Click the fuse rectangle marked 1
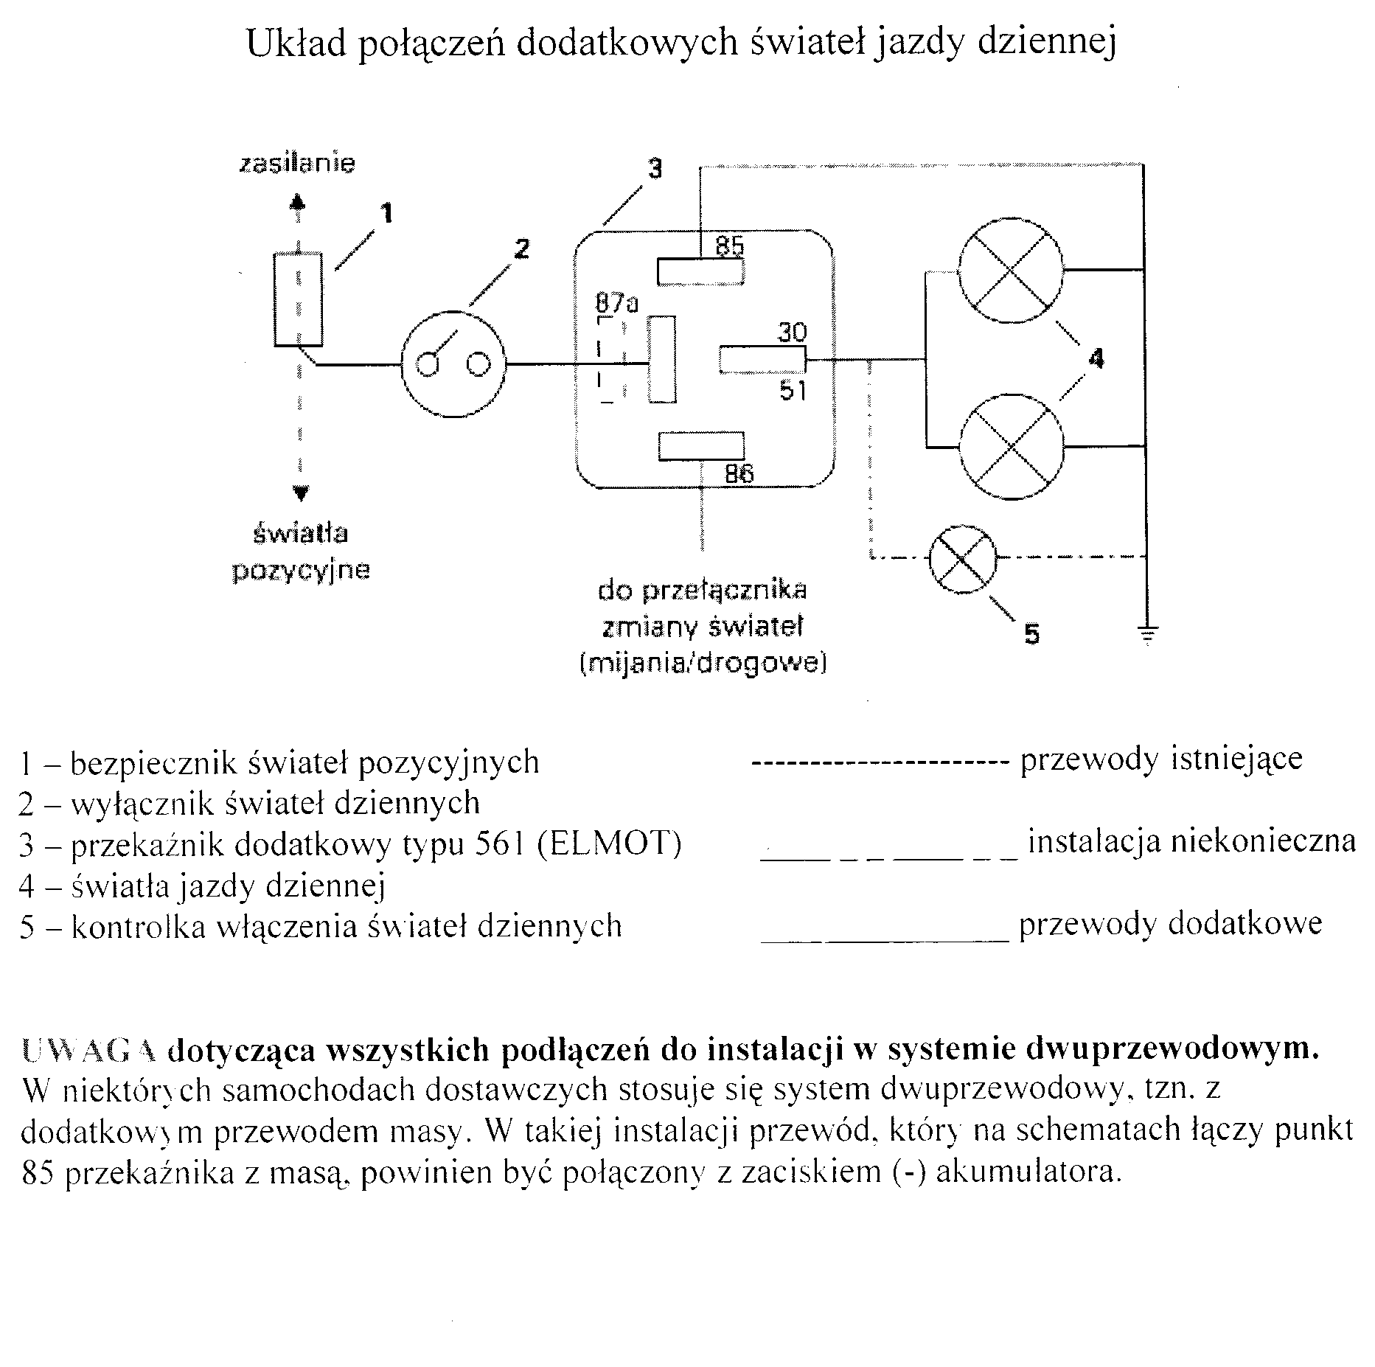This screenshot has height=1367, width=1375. pyautogui.click(x=298, y=299)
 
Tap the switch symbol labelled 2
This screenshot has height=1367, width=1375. pyautogui.click(x=453, y=364)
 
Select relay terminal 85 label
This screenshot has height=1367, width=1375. pyautogui.click(x=730, y=246)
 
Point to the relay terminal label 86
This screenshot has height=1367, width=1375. pyautogui.click(x=739, y=473)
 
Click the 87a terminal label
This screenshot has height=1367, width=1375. pyautogui.click(x=616, y=303)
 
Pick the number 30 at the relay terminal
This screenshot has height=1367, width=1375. pyautogui.click(x=792, y=333)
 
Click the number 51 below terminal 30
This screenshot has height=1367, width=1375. pyautogui.click(x=793, y=391)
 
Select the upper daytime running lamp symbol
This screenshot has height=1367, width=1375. pyautogui.click(x=1010, y=270)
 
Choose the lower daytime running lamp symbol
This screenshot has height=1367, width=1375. pyautogui.click(x=1012, y=446)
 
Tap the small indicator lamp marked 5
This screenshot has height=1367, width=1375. pyautogui.click(x=962, y=559)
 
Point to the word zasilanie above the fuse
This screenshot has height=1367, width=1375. pyautogui.click(x=297, y=163)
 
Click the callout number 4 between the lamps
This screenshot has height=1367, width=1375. pyautogui.click(x=1096, y=358)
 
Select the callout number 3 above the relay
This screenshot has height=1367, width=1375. pyautogui.click(x=655, y=169)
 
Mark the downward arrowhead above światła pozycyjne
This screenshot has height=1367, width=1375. pyautogui.click(x=300, y=493)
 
